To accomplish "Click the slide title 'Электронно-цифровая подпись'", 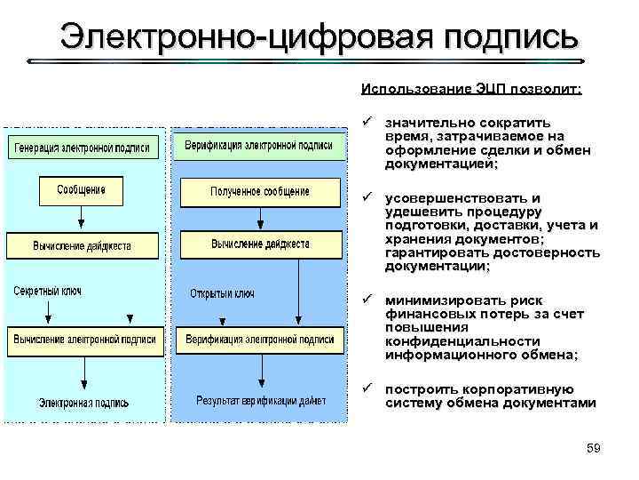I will [x=319, y=37].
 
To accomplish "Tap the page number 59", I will [x=594, y=449].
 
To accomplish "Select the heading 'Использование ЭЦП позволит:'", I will [x=471, y=89].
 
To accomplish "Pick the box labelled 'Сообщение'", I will [x=81, y=190].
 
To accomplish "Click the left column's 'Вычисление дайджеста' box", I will [x=82, y=244].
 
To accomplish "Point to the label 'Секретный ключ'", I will [x=47, y=292].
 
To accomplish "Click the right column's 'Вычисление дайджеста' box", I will [x=260, y=244].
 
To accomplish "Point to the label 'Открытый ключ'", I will [x=223, y=292].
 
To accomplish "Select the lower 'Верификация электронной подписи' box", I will [x=260, y=339].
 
